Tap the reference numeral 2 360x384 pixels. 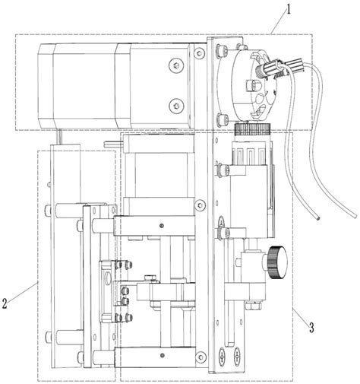click(x=5, y=303)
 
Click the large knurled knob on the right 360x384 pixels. click(x=277, y=262)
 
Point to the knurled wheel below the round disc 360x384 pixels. click(x=253, y=129)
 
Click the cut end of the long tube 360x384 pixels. click(x=317, y=217)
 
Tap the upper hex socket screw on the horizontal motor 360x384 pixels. click(x=176, y=66)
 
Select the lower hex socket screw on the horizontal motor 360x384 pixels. click(x=176, y=105)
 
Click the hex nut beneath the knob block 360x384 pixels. click(x=253, y=306)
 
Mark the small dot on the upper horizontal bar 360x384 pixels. click(x=162, y=225)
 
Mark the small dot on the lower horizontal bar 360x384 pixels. click(x=163, y=355)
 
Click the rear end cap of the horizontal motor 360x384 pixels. click(x=46, y=85)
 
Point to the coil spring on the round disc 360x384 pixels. click(x=259, y=71)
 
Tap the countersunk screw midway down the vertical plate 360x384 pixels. click(x=200, y=205)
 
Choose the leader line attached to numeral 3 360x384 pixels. click(x=301, y=316)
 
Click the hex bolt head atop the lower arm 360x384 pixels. click(x=150, y=278)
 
